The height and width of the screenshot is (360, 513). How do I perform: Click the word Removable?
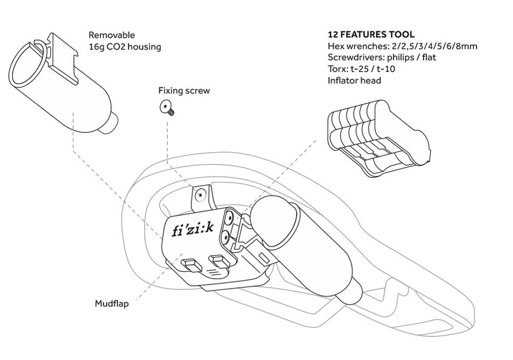(111, 35)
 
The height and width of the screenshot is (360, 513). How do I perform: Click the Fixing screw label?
(184, 91)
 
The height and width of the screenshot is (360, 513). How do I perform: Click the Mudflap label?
(112, 304)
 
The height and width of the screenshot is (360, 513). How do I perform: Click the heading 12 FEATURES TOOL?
(371, 34)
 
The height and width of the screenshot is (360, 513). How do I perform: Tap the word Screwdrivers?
(356, 57)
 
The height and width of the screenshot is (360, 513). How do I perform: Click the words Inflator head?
(354, 81)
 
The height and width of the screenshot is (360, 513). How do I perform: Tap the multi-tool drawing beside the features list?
(379, 138)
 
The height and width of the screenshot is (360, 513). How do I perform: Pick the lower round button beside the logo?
(225, 236)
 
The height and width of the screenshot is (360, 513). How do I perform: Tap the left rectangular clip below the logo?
(191, 265)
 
